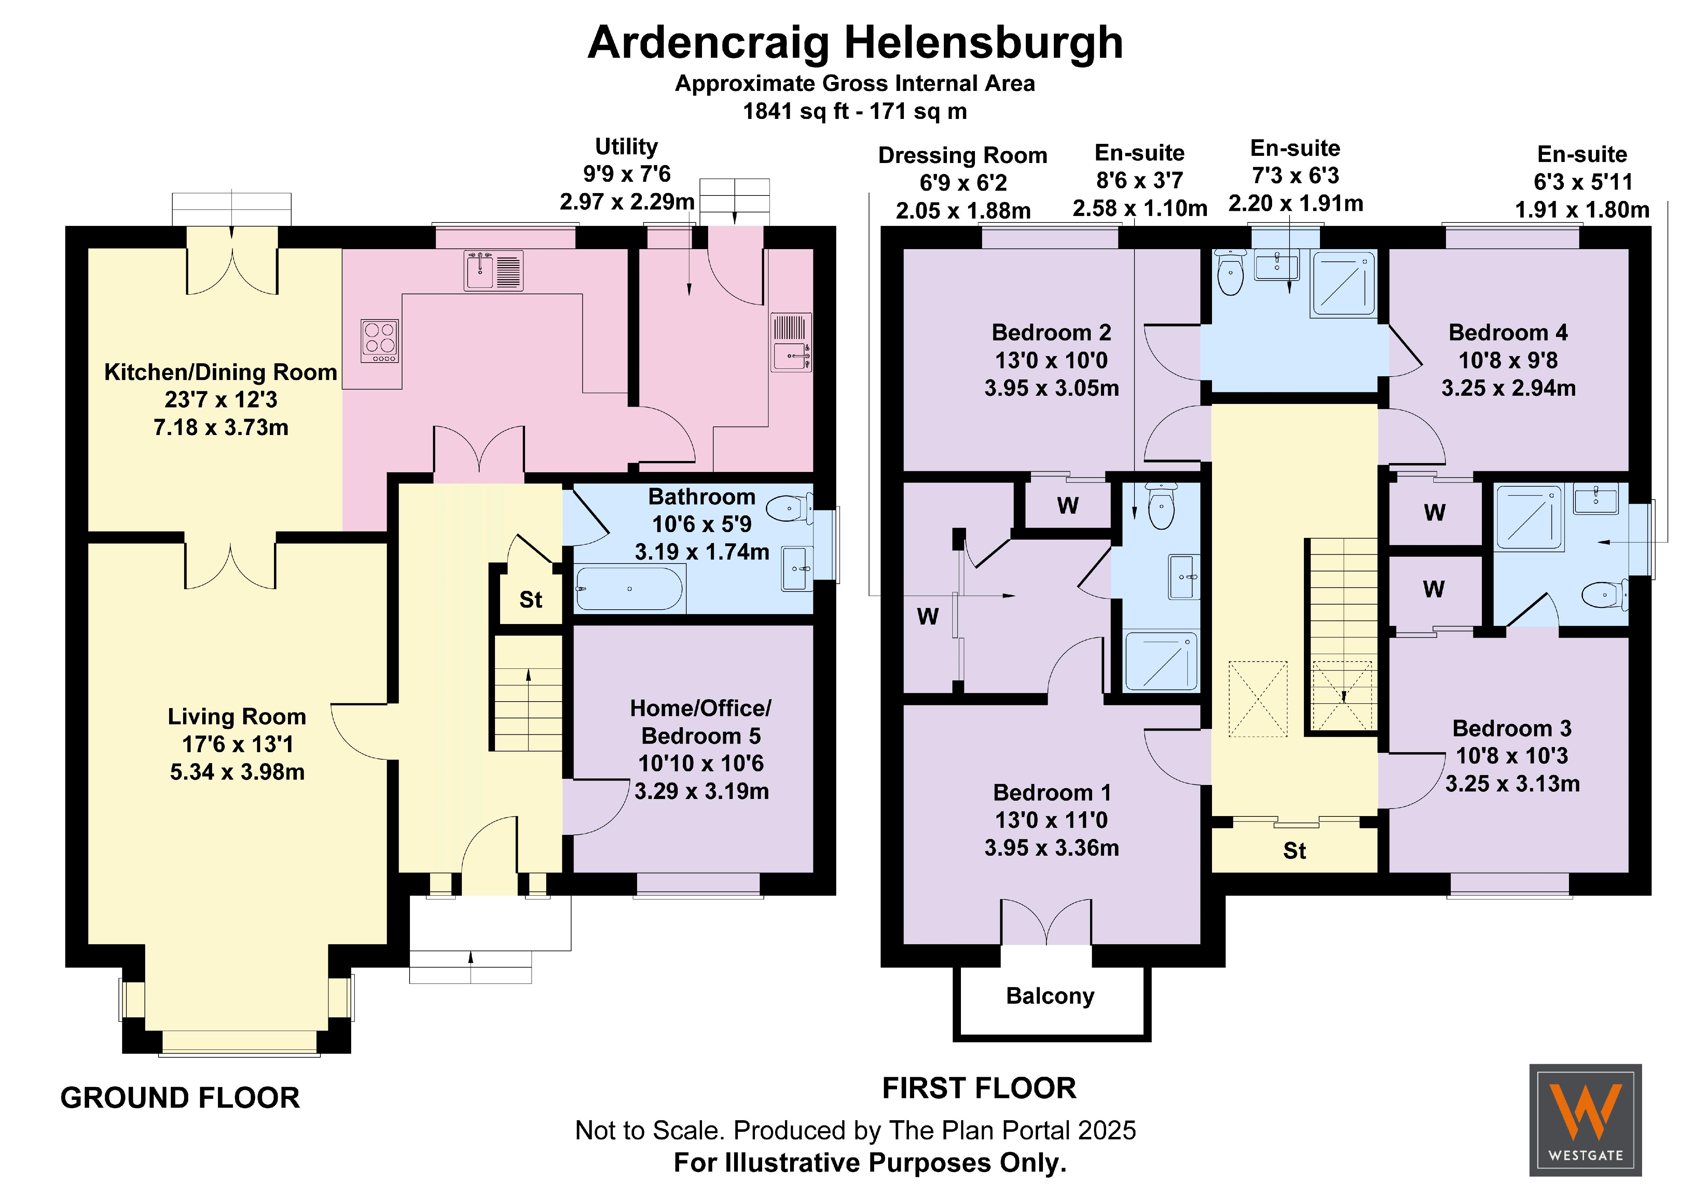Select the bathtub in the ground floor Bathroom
coord(629,589)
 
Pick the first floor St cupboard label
coord(1294,851)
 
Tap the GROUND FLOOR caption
coord(180,1098)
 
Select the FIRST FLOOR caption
coord(979,1088)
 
